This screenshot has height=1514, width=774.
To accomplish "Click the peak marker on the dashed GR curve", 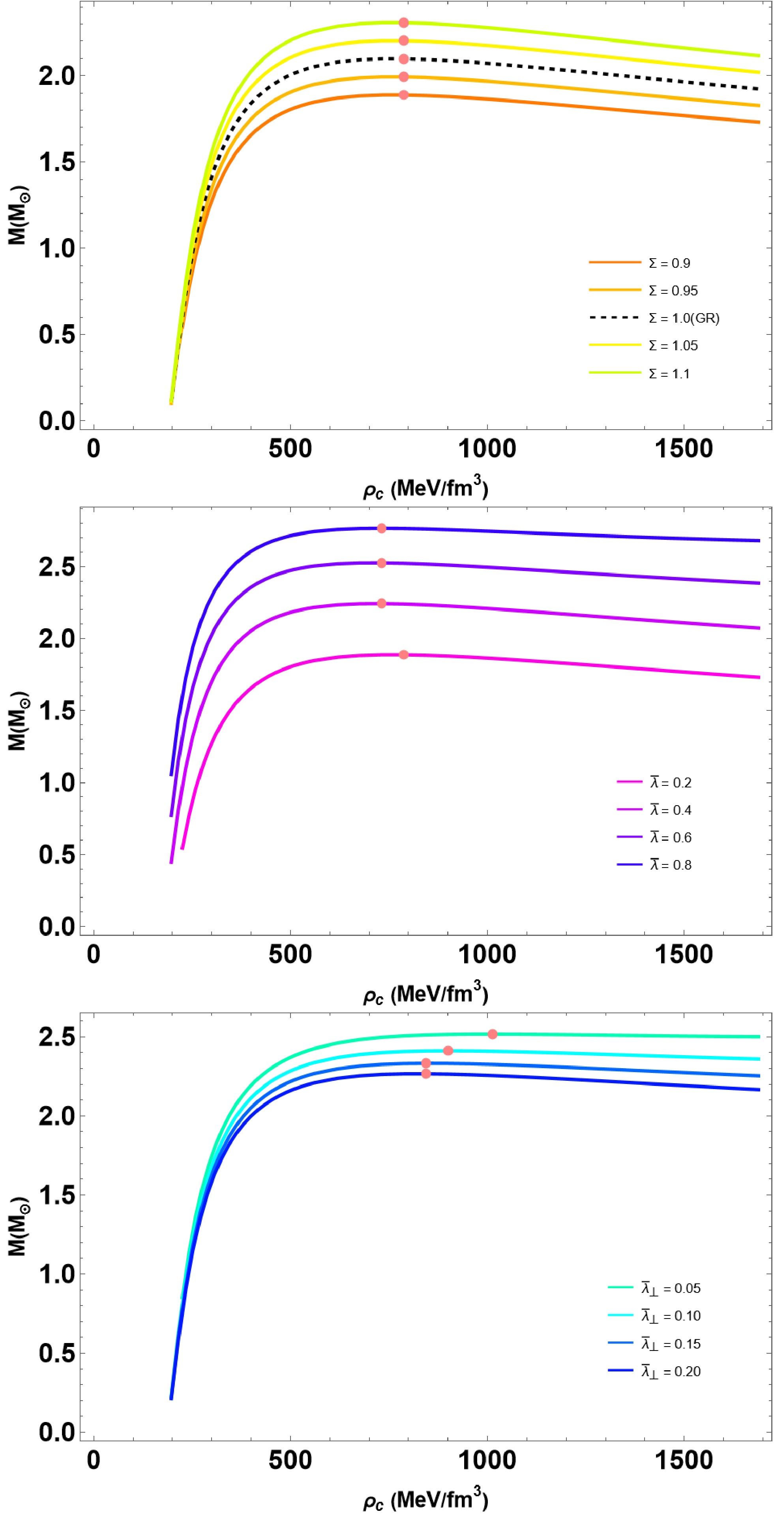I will (403, 59).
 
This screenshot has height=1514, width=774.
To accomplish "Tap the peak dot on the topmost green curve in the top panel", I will (403, 23).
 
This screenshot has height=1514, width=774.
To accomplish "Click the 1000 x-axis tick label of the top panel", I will (487, 449).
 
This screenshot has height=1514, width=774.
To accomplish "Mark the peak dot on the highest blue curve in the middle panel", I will (382, 528).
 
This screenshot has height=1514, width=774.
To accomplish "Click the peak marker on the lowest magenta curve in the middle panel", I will (403, 655).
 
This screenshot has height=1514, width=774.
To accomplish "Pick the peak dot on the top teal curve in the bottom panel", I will (493, 1034).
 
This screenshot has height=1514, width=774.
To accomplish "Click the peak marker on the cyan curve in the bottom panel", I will (448, 1050).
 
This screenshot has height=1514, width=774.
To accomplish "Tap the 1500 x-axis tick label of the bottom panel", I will (684, 1460).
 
